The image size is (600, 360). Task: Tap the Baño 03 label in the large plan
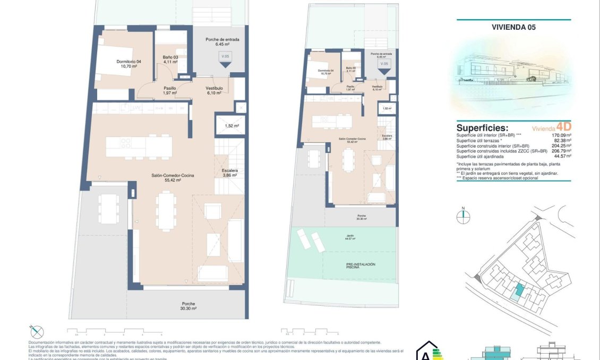tap(170, 59)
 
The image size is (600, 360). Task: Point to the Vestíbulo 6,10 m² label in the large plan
tap(214, 90)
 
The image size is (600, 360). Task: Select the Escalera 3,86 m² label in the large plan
tap(229, 173)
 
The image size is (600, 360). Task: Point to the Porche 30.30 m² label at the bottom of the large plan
tap(188, 306)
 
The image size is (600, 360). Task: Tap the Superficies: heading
tap(482, 128)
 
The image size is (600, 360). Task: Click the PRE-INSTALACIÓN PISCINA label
tap(346, 266)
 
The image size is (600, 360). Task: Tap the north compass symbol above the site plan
tap(464, 215)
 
